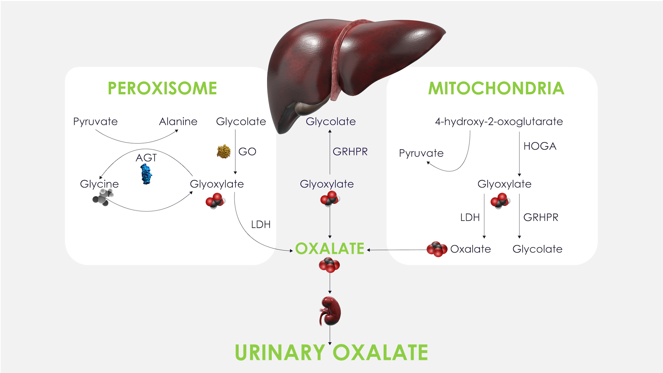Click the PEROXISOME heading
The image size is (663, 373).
click(x=162, y=88)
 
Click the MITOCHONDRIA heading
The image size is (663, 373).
click(x=496, y=88)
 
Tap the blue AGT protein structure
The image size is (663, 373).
click(x=146, y=174)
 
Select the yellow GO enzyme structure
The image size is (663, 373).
click(x=223, y=151)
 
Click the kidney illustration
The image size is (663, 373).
click(x=330, y=311)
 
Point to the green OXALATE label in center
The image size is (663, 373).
click(x=330, y=249)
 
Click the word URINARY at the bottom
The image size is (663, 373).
click(x=280, y=353)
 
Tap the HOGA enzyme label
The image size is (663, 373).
click(x=540, y=146)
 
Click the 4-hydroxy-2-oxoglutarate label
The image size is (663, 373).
click(x=499, y=122)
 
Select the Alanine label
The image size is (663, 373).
click(x=178, y=122)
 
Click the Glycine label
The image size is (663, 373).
click(x=99, y=184)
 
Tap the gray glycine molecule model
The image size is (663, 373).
click(x=103, y=198)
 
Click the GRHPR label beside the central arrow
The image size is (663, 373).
click(x=350, y=152)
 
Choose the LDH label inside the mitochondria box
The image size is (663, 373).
click(x=470, y=217)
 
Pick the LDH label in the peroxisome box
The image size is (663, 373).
click(x=261, y=224)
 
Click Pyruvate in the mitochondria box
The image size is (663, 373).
click(x=421, y=153)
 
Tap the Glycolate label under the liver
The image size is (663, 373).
click(x=330, y=122)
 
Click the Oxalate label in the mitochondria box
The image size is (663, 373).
click(x=470, y=249)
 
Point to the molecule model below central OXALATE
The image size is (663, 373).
click(x=329, y=265)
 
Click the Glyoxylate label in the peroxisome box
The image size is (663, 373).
click(x=217, y=184)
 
